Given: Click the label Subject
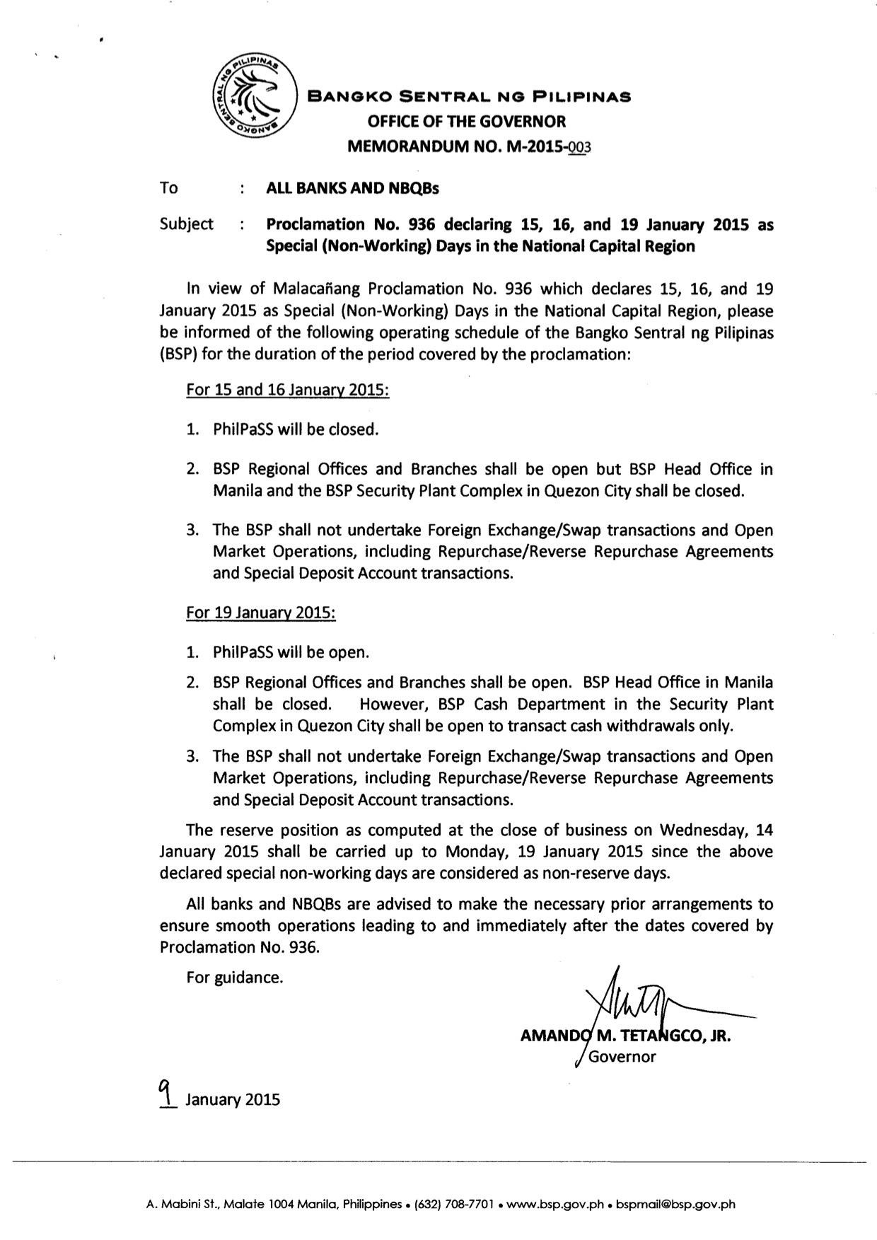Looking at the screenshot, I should click(187, 224).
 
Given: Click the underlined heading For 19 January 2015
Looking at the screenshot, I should click(260, 613).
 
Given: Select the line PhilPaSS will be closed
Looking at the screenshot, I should click(296, 429).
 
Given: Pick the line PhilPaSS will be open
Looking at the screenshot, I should click(291, 652).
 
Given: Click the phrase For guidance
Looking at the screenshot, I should click(235, 978).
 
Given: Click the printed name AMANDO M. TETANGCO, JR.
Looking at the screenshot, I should click(625, 1037).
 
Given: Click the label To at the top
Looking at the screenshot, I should click(169, 188).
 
